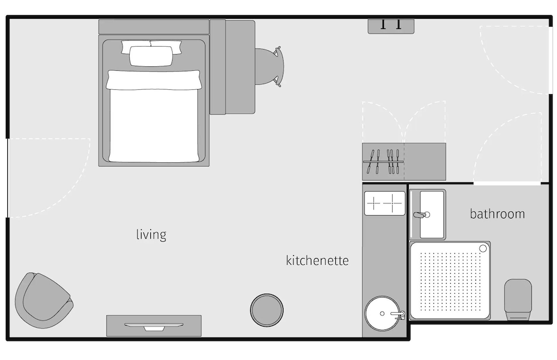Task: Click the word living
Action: click(151, 235)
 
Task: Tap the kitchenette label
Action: click(317, 260)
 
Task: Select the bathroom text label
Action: click(497, 214)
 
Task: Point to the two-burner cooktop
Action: click(384, 203)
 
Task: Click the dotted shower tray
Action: click(449, 280)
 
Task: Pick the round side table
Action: click(267, 310)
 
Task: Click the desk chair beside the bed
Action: click(269, 66)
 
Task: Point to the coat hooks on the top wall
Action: click(390, 25)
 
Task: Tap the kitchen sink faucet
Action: click(398, 315)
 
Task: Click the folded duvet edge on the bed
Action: click(153, 80)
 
